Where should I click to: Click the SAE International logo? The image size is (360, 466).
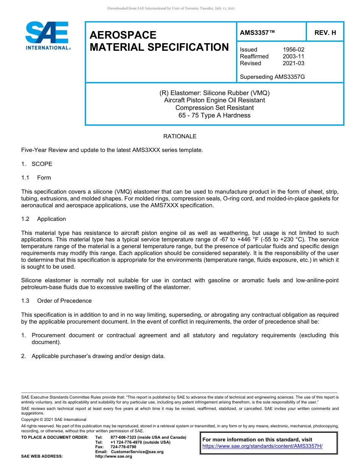[x=47, y=36]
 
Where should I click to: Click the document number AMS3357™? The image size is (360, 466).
[x=257, y=33]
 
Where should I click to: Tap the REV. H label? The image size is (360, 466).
[x=325, y=33]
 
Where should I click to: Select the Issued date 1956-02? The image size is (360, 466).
[x=293, y=50]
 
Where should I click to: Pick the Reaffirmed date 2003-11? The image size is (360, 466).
[x=293, y=56]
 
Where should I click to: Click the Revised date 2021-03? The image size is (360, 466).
[x=293, y=63]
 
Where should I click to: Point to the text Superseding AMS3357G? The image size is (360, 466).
[x=272, y=77]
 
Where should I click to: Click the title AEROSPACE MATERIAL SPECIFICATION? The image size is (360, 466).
[x=159, y=41]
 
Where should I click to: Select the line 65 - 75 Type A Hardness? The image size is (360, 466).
[x=214, y=116]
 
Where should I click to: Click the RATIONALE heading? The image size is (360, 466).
[x=180, y=136]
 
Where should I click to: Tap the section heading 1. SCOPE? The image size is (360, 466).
[x=37, y=164]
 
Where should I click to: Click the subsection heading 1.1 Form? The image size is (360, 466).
[x=36, y=178]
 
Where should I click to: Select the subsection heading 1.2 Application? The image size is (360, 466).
[x=44, y=219]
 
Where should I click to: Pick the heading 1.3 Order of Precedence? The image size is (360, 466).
[x=56, y=301]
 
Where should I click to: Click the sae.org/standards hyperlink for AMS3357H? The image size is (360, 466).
[x=262, y=446]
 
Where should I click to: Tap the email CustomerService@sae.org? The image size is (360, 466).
[x=137, y=452]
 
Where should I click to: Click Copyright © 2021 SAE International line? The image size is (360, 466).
[x=54, y=419]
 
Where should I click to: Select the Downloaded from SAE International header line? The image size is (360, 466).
[x=171, y=8]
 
